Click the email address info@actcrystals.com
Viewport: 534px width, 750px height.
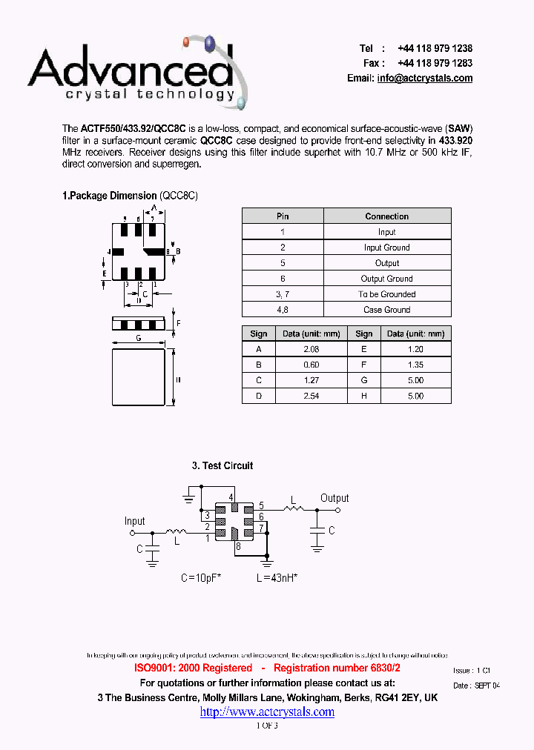coord(424,79)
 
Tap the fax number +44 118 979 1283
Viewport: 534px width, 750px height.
coord(435,63)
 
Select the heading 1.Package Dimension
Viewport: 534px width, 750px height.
coord(109,196)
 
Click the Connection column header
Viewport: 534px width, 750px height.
coord(386,216)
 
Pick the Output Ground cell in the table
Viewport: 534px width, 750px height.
coord(386,279)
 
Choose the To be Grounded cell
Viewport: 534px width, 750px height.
coord(386,294)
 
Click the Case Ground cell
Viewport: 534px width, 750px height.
coord(386,310)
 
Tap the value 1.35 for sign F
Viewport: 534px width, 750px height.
coord(415,365)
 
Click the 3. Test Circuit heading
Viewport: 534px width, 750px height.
coord(222,465)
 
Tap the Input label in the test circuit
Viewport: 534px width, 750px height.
coord(135,521)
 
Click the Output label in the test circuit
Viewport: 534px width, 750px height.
coord(334,498)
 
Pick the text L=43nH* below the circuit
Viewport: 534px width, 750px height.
coord(277,577)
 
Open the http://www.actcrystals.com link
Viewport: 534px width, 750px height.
coord(267,711)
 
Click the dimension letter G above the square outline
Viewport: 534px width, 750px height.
coord(139,338)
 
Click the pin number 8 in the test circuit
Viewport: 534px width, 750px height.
coord(237,547)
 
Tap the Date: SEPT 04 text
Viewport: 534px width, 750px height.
coord(476,686)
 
